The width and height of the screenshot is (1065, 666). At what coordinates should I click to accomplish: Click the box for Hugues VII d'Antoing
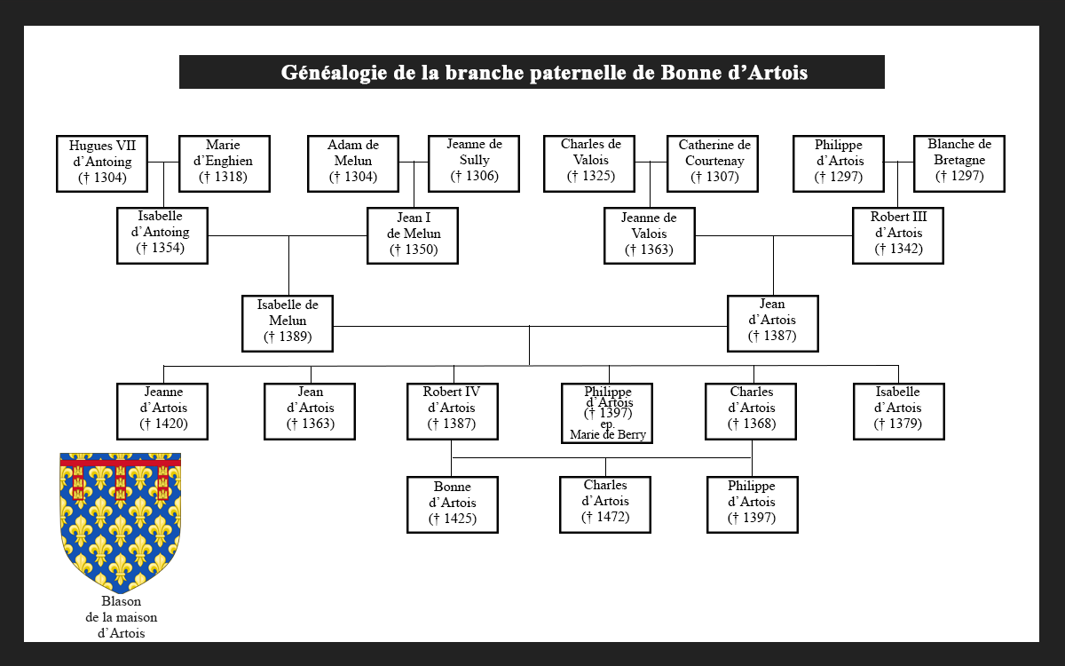(x=102, y=163)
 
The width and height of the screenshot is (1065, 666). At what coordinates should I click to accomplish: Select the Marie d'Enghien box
(x=224, y=163)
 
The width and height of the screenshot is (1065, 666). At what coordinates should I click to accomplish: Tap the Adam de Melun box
(x=353, y=163)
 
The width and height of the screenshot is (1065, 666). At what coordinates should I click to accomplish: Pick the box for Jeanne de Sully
(x=474, y=163)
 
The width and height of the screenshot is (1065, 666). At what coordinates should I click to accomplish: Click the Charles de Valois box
(x=590, y=163)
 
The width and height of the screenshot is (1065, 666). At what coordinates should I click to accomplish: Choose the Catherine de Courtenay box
(x=714, y=163)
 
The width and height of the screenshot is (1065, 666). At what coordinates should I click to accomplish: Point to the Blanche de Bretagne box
(x=959, y=163)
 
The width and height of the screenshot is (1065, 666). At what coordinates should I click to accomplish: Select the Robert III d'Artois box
(x=898, y=235)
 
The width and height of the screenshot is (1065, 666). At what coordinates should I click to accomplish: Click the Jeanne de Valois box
(x=649, y=235)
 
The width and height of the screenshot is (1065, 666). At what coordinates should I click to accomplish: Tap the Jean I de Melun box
(x=414, y=235)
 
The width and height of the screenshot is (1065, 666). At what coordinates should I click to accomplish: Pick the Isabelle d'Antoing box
(x=162, y=235)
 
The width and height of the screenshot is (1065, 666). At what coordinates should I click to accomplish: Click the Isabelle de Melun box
(x=288, y=323)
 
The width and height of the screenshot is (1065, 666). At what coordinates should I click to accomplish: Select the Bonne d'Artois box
(x=453, y=504)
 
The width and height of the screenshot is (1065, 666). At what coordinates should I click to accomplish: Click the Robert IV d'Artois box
(x=453, y=411)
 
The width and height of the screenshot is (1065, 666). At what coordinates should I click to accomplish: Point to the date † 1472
(x=605, y=517)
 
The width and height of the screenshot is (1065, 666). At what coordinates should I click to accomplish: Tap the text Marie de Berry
(x=608, y=435)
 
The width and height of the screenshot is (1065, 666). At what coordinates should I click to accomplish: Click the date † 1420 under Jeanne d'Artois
(x=163, y=424)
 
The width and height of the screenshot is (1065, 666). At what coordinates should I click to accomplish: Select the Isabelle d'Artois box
(x=898, y=411)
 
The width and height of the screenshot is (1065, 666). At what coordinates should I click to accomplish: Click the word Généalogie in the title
(x=333, y=73)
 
